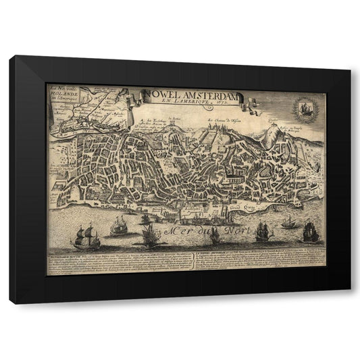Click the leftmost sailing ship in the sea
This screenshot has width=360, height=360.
pyautogui.click(x=88, y=238)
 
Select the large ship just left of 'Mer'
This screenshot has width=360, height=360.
pyautogui.click(x=149, y=234)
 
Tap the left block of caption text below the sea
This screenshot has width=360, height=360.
pyautogui.click(x=118, y=264)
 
